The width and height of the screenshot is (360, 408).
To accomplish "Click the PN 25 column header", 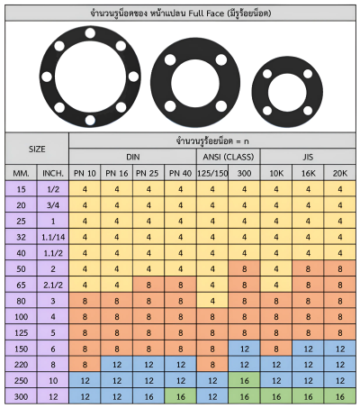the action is [148, 173].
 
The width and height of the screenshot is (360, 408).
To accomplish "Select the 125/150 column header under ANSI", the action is [212, 173].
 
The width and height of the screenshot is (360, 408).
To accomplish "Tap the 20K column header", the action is [340, 173].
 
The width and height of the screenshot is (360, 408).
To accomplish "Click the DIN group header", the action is [132, 157].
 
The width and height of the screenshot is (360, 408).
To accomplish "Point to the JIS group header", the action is [308, 157].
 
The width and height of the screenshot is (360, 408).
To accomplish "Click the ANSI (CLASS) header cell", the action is [229, 157].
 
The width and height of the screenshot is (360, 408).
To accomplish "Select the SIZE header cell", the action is [37, 149].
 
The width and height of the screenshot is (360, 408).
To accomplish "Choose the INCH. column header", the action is [53, 173].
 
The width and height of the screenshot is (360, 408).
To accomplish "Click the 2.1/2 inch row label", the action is [53, 285].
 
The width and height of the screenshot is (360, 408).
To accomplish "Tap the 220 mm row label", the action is [21, 365].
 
